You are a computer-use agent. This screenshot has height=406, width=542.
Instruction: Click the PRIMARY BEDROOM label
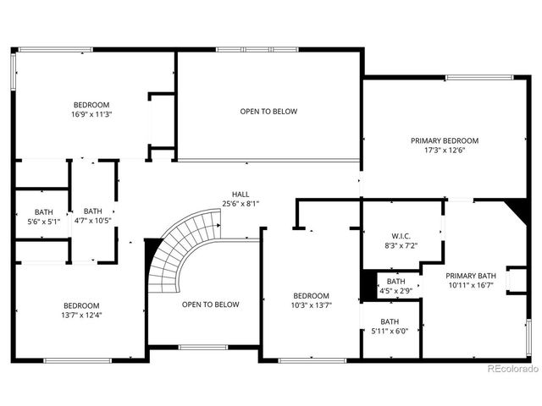point(445,140)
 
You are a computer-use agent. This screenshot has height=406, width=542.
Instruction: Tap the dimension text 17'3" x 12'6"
point(445,151)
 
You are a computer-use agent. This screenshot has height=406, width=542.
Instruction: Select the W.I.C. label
point(401,236)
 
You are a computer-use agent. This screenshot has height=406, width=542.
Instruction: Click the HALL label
point(241,194)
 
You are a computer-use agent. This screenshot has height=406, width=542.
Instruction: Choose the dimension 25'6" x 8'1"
point(241,204)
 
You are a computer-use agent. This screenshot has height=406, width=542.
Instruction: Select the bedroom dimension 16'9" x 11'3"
point(92,114)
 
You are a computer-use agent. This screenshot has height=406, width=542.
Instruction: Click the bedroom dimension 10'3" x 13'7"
point(306,304)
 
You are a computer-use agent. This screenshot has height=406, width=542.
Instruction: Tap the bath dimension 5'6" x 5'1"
point(43,222)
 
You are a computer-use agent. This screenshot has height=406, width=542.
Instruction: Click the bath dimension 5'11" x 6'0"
point(390,332)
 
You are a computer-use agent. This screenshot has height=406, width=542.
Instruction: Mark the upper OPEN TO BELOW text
point(268,112)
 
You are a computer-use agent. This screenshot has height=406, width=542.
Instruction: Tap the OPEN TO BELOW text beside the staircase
point(210,304)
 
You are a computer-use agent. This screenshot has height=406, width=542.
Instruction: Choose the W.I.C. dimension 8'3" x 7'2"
point(401,246)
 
